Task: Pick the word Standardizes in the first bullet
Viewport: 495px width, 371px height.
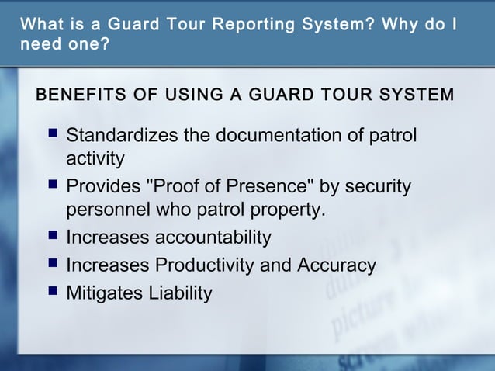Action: (122, 137)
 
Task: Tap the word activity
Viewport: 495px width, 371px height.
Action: (95, 159)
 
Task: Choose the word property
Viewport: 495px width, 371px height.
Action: (286, 210)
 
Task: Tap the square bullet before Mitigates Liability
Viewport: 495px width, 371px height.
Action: (51, 293)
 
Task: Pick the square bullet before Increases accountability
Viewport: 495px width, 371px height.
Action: (51, 237)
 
